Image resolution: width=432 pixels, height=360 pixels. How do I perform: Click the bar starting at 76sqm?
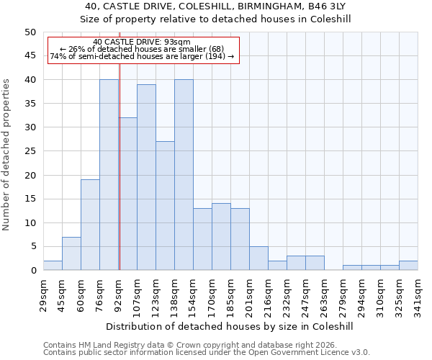[x=109, y=175]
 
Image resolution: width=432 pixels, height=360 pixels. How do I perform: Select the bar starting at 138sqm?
[x=184, y=175]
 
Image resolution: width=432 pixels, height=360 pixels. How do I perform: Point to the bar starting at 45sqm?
[x=71, y=253]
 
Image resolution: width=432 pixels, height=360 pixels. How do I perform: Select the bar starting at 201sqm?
[x=258, y=258]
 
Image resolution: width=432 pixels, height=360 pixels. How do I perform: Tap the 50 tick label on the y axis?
[x=30, y=32]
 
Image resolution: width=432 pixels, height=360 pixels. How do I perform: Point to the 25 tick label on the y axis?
[x=30, y=151]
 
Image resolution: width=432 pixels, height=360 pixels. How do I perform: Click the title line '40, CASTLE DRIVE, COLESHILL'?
[x=215, y=6]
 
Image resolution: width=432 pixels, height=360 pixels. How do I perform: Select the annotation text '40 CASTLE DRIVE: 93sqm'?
[x=142, y=42]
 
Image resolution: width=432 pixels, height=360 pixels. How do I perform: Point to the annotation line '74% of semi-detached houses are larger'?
[x=142, y=56]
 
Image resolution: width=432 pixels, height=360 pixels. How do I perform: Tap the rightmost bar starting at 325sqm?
[x=408, y=266]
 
